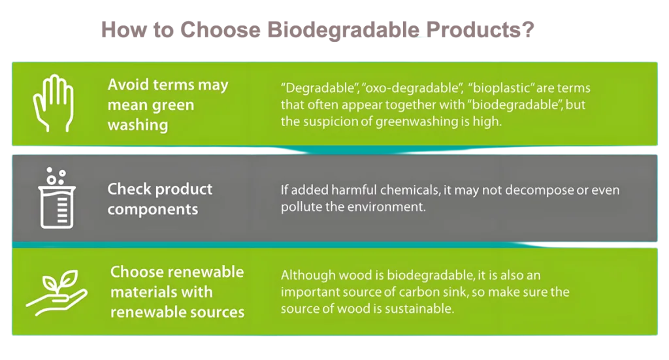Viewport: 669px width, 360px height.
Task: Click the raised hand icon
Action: pyautogui.click(x=54, y=103)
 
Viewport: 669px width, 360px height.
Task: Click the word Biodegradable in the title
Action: pyautogui.click(x=343, y=30)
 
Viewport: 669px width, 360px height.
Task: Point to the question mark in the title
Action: pyautogui.click(x=528, y=29)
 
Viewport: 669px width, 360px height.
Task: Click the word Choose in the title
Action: pyautogui.click(x=220, y=29)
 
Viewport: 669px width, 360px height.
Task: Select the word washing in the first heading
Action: pyautogui.click(x=138, y=125)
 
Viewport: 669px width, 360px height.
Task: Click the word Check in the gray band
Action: pyautogui.click(x=129, y=189)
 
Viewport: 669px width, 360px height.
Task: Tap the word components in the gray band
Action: pyautogui.click(x=153, y=210)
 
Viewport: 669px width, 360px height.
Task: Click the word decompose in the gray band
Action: pyautogui.click(x=539, y=190)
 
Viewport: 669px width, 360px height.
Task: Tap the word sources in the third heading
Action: pyautogui.click(x=217, y=312)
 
